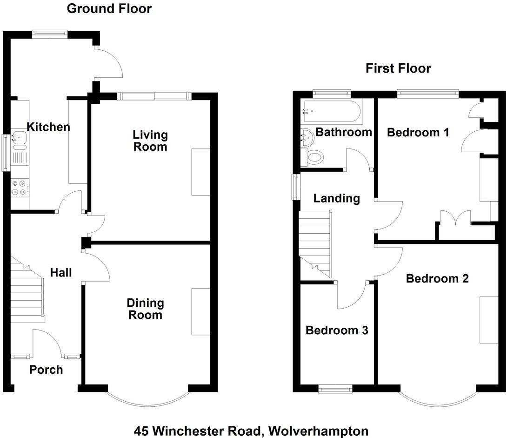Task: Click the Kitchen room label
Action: pyautogui.click(x=48, y=127)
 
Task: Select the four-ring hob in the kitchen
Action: pyautogui.click(x=20, y=188)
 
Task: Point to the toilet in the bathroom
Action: pyautogui.click(x=315, y=158)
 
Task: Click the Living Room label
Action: pyautogui.click(x=150, y=141)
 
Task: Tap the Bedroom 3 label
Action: pyautogui.click(x=337, y=330)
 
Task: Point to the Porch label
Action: pyautogui.click(x=46, y=370)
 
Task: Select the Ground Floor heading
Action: pyautogui.click(x=109, y=8)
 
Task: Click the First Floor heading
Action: pyautogui.click(x=398, y=69)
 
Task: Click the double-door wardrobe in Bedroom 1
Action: pyautogui.click(x=456, y=225)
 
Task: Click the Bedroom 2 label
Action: pyautogui.click(x=437, y=279)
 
